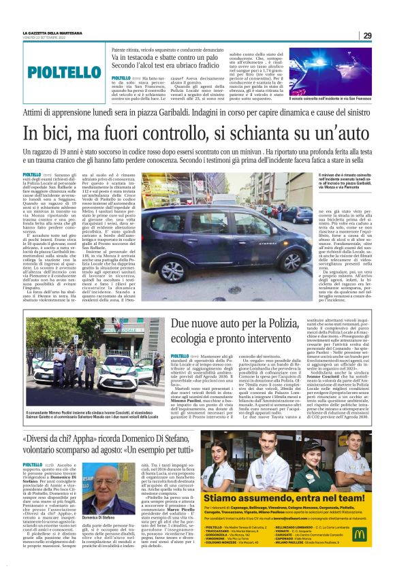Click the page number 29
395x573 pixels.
[367, 35]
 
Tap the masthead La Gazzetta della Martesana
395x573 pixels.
[52, 33]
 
